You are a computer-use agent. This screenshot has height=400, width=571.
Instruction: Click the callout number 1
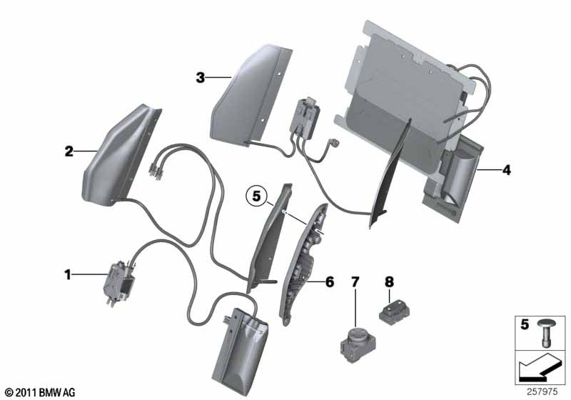coord(67,275)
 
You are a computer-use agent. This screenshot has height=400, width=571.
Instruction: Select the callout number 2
coord(69,151)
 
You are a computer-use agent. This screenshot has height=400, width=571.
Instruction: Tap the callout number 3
coord(201,78)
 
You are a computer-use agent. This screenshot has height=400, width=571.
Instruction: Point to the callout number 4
coord(506,170)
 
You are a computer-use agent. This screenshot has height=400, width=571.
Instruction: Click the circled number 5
coord(257,196)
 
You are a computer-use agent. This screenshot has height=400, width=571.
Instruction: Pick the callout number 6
coord(329,281)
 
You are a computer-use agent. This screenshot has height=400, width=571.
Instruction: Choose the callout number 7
coord(355,281)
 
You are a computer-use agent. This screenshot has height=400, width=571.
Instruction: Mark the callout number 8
coord(389,281)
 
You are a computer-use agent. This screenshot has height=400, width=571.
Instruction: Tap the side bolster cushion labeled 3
coord(251,96)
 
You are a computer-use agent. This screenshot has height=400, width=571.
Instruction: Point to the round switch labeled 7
coord(358,345)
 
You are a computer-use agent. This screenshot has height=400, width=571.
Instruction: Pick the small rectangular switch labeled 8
coord(394,311)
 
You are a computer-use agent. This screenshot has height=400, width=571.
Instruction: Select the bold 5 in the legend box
coord(525,324)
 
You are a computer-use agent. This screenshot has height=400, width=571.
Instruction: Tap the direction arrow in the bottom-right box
coord(540,368)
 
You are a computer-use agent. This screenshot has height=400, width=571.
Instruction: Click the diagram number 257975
coord(542,392)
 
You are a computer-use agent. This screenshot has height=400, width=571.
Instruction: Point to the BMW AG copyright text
coord(40,392)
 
